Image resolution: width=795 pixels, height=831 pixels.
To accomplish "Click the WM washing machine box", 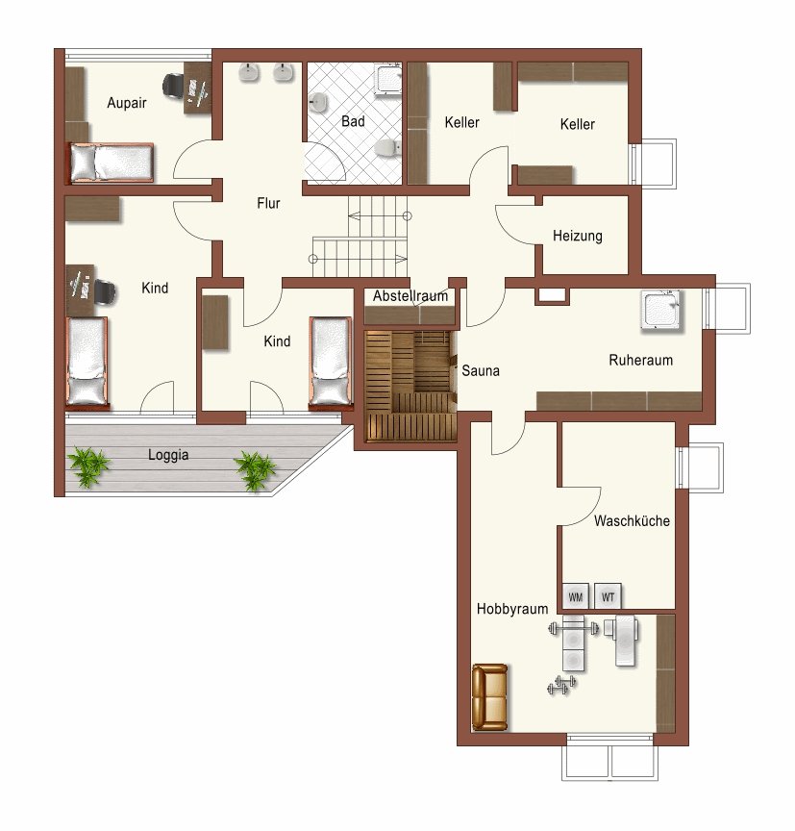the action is click(x=575, y=597).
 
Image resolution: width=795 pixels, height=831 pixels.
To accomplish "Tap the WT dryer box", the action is click(x=608, y=597).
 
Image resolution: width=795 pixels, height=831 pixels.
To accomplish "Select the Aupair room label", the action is click(x=127, y=103).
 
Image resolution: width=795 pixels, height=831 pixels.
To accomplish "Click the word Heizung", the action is click(x=578, y=236).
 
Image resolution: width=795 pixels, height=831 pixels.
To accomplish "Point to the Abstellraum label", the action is click(x=410, y=295).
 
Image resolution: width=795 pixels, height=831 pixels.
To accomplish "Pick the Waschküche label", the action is click(x=632, y=521).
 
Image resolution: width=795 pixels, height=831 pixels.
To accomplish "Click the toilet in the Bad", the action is click(x=387, y=148).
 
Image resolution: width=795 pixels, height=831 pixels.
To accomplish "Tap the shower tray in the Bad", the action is click(x=388, y=80).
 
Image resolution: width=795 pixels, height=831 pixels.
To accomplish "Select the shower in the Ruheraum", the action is click(x=660, y=310).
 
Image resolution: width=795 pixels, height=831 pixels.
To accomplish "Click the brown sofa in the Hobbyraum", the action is click(x=490, y=697).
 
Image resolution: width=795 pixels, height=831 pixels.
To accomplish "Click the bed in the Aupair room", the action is click(x=111, y=163).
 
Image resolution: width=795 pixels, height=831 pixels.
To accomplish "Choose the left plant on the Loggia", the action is click(x=87, y=466).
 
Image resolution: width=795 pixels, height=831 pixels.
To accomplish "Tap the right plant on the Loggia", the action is click(x=257, y=469).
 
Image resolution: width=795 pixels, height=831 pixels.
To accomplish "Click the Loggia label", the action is click(x=168, y=455).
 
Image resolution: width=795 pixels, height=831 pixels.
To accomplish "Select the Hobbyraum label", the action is click(x=512, y=609).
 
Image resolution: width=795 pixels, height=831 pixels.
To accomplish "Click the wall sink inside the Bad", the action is click(x=318, y=102).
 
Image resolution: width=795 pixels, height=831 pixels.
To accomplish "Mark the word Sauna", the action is click(x=481, y=370).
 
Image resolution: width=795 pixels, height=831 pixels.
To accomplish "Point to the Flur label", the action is click(x=268, y=203).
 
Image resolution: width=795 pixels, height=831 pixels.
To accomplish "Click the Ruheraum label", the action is click(x=641, y=361).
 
